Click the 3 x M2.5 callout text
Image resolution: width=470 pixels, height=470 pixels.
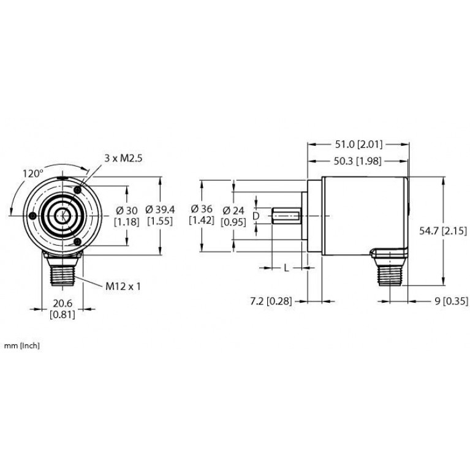(123, 159)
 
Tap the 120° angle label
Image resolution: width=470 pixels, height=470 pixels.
(33, 173)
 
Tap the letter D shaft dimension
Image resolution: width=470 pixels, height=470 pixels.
(256, 216)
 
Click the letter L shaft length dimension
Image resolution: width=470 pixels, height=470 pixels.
(286, 268)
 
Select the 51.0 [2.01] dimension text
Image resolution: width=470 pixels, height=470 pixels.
(358, 145)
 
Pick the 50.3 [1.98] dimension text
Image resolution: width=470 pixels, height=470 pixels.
(357, 162)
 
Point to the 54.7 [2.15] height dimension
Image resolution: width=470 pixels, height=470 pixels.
(443, 231)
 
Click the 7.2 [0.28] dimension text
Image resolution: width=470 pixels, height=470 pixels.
(271, 301)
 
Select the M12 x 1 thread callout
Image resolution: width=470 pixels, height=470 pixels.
(123, 287)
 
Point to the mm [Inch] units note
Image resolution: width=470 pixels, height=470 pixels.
(21, 346)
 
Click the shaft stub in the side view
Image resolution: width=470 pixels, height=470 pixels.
(286, 216)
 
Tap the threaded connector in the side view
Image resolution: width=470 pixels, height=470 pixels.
(390, 269)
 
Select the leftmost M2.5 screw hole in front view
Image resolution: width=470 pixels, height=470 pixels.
(33, 216)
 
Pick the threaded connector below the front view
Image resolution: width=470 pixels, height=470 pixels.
(63, 269)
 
